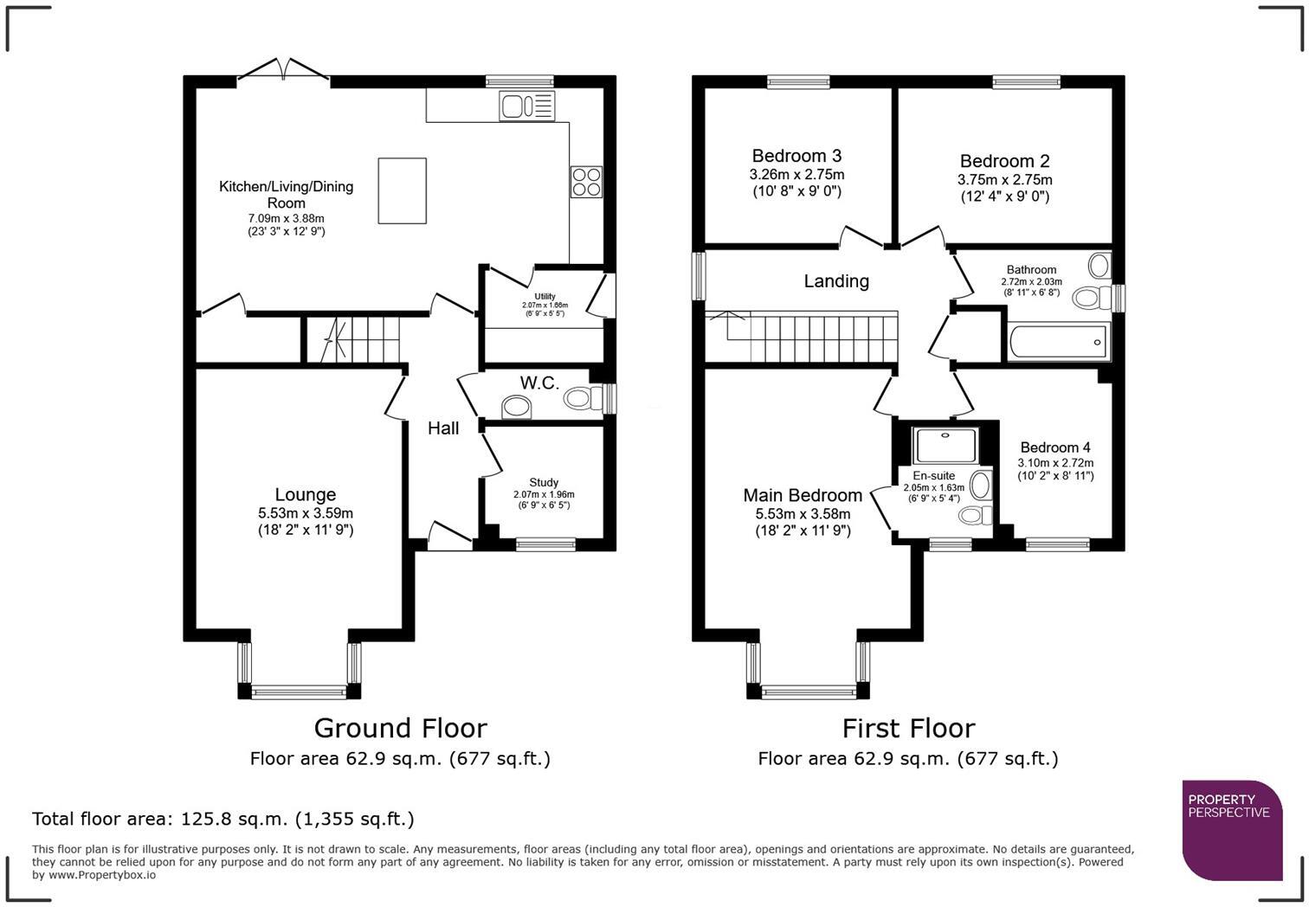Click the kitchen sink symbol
(526, 106)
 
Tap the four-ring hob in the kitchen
(585, 182)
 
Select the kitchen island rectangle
(403, 190)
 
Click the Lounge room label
(305, 495)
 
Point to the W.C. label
(539, 383)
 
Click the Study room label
(544, 482)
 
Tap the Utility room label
(545, 297)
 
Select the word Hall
(443, 428)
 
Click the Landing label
(836, 281)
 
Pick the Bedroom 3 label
(796, 157)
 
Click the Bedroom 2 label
(1004, 162)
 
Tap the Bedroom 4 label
(1055, 447)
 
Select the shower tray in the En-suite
(946, 445)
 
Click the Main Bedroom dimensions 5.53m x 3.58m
(803, 514)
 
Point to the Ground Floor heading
(400, 728)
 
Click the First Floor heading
(908, 728)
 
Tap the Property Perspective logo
(1232, 829)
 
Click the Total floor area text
(223, 819)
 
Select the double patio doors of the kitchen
(283, 73)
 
